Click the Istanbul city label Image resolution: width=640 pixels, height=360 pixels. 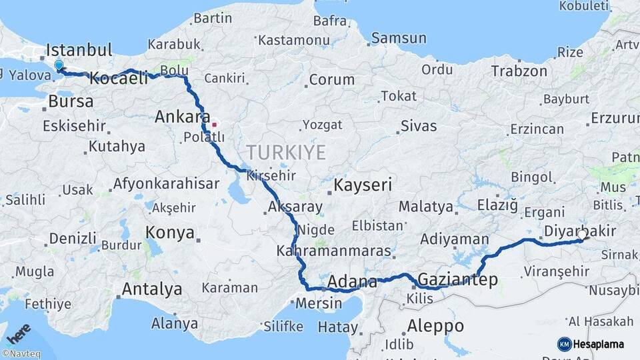click(x=79, y=50)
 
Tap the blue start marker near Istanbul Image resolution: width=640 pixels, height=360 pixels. click(x=59, y=65)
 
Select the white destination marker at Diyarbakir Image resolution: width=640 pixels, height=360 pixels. click(x=582, y=235)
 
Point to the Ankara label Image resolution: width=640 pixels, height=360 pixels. click(x=178, y=117)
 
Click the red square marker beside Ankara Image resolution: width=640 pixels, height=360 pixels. click(x=214, y=124)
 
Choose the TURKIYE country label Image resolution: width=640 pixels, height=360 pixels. click(x=287, y=153)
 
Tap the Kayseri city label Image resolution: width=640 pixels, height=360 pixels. click(x=363, y=185)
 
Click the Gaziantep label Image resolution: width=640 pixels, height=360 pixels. click(x=457, y=280)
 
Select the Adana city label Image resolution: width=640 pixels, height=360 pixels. click(x=352, y=281)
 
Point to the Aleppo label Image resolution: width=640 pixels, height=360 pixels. click(x=434, y=326)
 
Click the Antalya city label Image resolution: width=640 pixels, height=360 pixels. click(x=152, y=289)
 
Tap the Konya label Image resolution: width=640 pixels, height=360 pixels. click(x=170, y=233)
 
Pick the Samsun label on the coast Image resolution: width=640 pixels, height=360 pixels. click(x=399, y=38)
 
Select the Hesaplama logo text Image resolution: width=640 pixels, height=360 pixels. click(x=600, y=344)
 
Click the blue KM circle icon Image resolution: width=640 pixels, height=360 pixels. click(x=564, y=344)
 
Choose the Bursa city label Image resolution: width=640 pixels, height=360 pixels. click(x=71, y=103)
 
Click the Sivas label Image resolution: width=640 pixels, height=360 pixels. click(x=419, y=126)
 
